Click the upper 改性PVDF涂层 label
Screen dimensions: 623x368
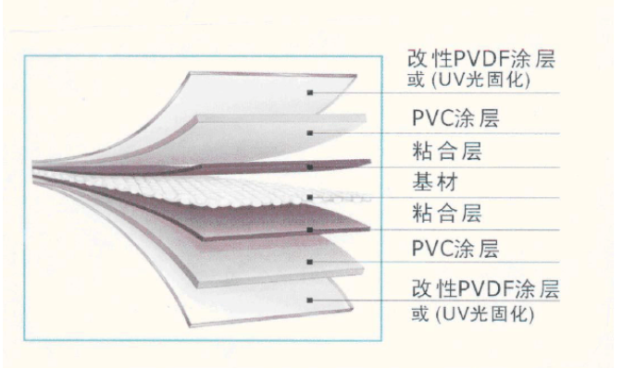click(x=481, y=59)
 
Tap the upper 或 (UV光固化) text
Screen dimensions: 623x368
click(x=468, y=80)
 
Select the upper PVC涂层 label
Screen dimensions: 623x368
click(x=455, y=118)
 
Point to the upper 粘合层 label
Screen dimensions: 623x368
click(x=447, y=152)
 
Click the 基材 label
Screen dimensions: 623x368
click(x=435, y=182)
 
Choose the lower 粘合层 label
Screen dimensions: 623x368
click(x=447, y=214)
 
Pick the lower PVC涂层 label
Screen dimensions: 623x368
click(x=455, y=249)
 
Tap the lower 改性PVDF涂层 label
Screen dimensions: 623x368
click(x=485, y=288)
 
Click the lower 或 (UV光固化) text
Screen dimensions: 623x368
click(x=473, y=314)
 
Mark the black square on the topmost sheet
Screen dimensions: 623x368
click(x=310, y=92)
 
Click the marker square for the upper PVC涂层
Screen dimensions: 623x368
click(x=310, y=133)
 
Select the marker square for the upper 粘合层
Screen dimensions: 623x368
click(x=310, y=167)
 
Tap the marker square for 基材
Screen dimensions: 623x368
click(x=310, y=197)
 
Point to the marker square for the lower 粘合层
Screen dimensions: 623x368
click(x=310, y=229)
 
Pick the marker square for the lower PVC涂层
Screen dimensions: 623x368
click(x=310, y=262)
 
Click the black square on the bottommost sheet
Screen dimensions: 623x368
click(x=310, y=301)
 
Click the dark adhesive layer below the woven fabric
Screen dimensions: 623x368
click(x=239, y=225)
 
